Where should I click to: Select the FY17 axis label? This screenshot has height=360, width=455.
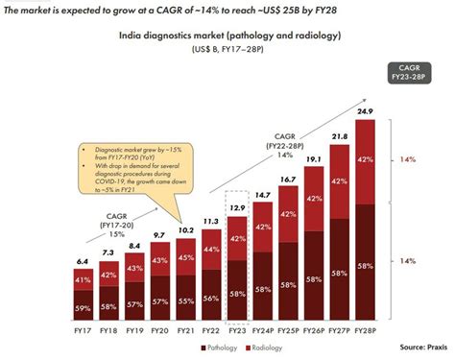84,332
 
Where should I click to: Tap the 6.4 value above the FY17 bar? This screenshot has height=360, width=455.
84,260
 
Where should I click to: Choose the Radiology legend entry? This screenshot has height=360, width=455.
270,347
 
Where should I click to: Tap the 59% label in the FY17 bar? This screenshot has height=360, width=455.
84,308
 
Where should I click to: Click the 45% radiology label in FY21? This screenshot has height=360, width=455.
185,257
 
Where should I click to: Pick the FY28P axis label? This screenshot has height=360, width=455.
364,332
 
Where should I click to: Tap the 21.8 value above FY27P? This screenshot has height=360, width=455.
338,137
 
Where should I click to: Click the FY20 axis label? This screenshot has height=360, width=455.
159,332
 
